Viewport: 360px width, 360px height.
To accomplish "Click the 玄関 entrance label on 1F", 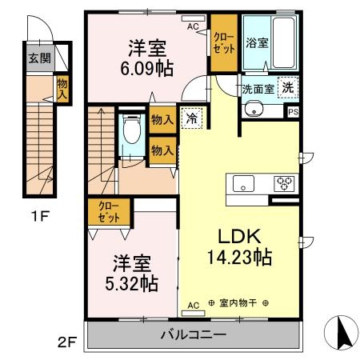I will tap(36, 58).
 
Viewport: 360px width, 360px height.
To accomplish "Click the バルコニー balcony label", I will tap(193, 334).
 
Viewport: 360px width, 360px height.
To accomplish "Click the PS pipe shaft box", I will tap(293, 112).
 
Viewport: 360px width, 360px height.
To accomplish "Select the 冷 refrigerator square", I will tap(191, 117).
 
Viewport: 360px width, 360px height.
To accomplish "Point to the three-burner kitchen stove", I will tap(284, 182).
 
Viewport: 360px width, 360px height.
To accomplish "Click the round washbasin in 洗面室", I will tap(254, 110).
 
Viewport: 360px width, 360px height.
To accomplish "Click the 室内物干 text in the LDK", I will tap(238, 305).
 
